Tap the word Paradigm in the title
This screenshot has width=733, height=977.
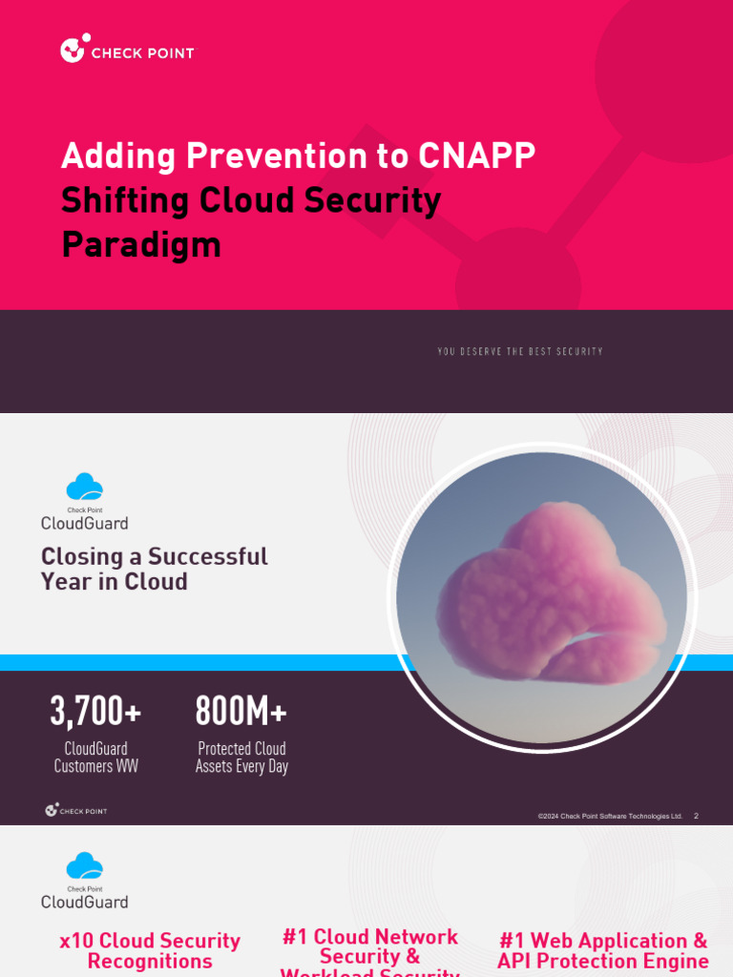(x=141, y=244)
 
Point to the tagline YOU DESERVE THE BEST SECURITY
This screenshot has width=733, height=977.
(x=520, y=352)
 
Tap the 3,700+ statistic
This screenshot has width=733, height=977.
(x=95, y=711)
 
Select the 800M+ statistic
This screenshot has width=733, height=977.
(x=241, y=711)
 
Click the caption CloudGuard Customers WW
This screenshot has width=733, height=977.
(x=95, y=758)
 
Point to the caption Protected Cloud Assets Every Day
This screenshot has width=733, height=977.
(x=241, y=758)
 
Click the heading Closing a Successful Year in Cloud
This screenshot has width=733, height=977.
(x=154, y=569)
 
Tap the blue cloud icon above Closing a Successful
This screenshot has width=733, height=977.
(x=84, y=487)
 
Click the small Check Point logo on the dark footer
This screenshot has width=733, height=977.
(x=75, y=811)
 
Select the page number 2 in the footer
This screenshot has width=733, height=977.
(x=696, y=817)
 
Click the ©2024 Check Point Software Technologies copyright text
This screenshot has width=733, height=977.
(x=610, y=817)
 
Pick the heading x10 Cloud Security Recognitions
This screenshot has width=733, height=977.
(x=150, y=950)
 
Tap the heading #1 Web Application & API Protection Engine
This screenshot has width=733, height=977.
(x=602, y=950)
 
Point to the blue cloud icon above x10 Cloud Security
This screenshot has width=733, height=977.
(x=84, y=866)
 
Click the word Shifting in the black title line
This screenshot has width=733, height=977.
(x=126, y=200)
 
